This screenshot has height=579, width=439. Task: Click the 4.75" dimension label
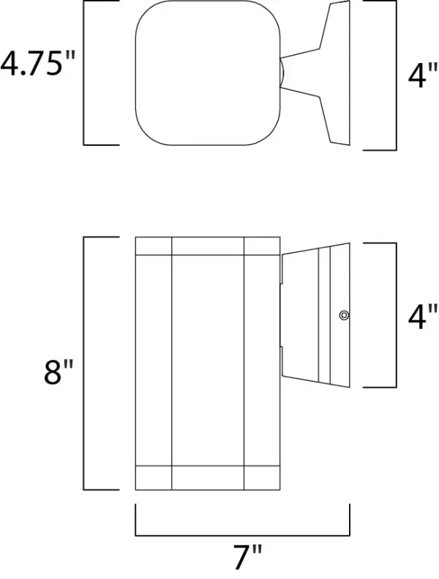click(x=38, y=65)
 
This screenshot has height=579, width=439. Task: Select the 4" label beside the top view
click(x=417, y=76)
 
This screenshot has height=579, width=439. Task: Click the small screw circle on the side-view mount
click(x=343, y=315)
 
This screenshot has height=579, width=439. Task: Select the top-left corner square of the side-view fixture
click(x=154, y=246)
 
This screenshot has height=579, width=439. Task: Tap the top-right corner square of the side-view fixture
click(x=261, y=246)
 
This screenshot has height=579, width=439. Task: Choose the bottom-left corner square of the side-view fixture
click(x=154, y=478)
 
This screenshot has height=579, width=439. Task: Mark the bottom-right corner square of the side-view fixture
click(x=261, y=478)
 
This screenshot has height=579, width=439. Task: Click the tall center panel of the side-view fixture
click(x=208, y=361)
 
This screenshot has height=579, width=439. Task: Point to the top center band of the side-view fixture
click(x=208, y=246)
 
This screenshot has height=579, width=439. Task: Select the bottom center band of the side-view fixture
click(x=208, y=478)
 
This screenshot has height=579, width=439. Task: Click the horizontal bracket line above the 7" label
click(x=242, y=534)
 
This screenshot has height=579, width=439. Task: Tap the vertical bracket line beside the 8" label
click(x=85, y=364)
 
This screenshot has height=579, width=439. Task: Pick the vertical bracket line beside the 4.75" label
click(x=85, y=73)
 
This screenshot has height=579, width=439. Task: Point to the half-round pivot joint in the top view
click(x=281, y=73)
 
